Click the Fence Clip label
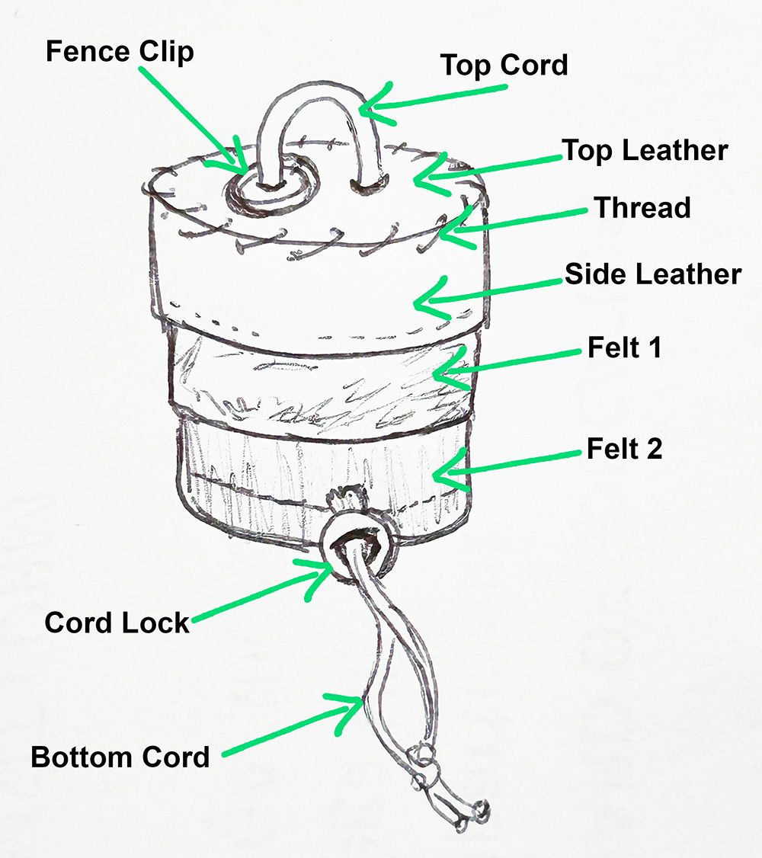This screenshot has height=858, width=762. [120, 53]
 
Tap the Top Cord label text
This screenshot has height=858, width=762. [504, 66]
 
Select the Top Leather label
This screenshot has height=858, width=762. [645, 150]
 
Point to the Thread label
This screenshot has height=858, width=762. [642, 207]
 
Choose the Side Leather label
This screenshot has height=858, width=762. [652, 274]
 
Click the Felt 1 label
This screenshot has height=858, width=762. [624, 348]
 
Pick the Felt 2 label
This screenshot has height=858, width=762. [624, 449]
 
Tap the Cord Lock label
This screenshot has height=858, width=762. [117, 623]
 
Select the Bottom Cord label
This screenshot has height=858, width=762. [120, 757]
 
